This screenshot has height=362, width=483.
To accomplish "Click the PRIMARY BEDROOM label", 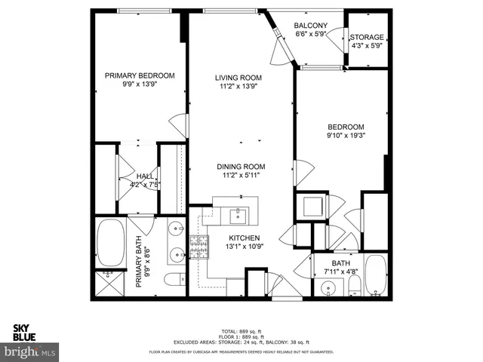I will [140, 75].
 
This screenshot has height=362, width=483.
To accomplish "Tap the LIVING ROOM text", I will [238, 78].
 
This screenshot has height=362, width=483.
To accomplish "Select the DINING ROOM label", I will [241, 167].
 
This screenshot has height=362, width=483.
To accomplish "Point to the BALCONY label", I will [309, 26].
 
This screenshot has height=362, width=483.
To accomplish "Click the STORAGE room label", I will [368, 37].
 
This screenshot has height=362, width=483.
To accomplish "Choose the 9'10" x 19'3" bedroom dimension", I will [346, 137].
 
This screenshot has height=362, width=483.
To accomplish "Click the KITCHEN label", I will [240, 237].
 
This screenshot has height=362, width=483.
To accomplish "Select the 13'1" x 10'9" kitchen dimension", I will [240, 247].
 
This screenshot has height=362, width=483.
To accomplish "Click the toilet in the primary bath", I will [172, 281].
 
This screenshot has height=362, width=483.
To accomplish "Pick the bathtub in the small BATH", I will [374, 276].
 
